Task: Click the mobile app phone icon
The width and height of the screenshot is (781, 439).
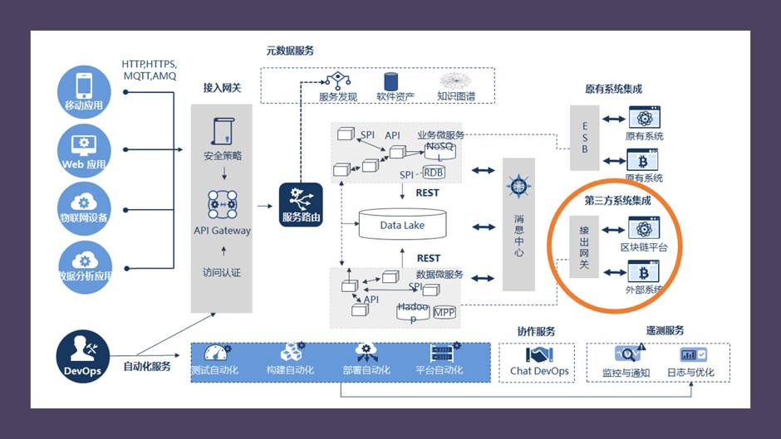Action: tap(85, 85)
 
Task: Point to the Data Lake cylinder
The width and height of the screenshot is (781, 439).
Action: tap(402, 225)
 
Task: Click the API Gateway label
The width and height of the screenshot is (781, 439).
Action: tap(222, 231)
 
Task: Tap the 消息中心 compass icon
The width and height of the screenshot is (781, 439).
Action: tap(518, 184)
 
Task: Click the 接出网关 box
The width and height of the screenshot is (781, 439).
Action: tap(584, 246)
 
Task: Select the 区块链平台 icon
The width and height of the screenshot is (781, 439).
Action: tap(643, 227)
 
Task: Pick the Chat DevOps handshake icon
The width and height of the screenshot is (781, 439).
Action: tap(539, 354)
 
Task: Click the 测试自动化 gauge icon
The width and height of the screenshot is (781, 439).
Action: tap(215, 352)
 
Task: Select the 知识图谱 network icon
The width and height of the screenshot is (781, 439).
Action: tap(456, 80)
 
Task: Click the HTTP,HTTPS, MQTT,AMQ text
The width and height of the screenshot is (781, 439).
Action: tap(150, 70)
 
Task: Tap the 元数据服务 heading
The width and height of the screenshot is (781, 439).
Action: tap(290, 51)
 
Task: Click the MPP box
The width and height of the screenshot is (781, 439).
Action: tap(444, 312)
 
